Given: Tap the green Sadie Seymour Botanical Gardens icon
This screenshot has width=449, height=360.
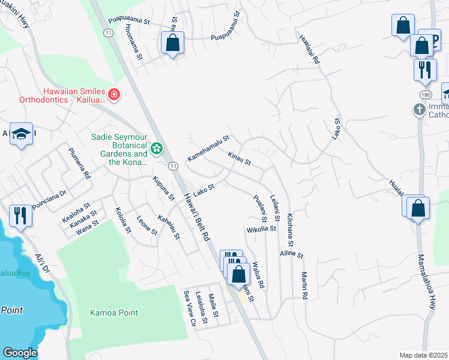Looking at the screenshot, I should [157, 148].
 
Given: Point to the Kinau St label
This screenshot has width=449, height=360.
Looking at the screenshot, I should [239, 158].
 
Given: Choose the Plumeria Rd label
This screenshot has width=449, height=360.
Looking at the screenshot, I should [79, 163].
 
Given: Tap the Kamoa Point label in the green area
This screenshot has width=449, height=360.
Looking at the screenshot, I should [113, 313].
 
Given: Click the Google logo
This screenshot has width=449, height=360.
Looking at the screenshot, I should [20, 353].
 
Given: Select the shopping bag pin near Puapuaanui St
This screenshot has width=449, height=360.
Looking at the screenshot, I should [172, 43].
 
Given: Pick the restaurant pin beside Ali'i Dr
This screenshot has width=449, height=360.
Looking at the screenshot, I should [21, 216].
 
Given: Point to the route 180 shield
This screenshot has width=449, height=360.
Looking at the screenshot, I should [424, 95].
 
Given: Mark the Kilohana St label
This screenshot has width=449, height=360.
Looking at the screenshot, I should [289, 230].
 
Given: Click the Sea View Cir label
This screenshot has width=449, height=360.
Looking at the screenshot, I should [190, 308].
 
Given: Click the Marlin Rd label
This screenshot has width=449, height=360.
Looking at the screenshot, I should [304, 285].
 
